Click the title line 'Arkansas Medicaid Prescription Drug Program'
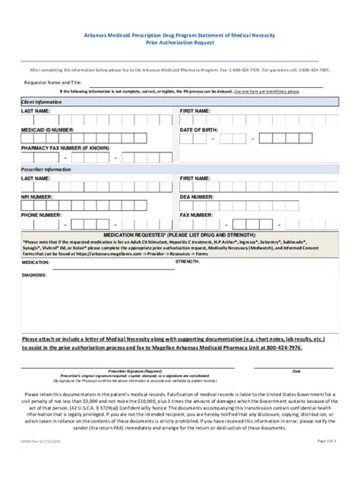tap(179, 36)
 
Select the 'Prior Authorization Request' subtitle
tap(179, 44)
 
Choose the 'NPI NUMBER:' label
tap(38, 197)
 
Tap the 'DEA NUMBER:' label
tap(197, 197)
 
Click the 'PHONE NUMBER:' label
tap(42, 215)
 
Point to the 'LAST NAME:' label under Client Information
tap(36, 111)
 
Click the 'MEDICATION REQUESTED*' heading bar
tap(179, 235)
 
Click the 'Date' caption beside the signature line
tap(297, 371)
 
